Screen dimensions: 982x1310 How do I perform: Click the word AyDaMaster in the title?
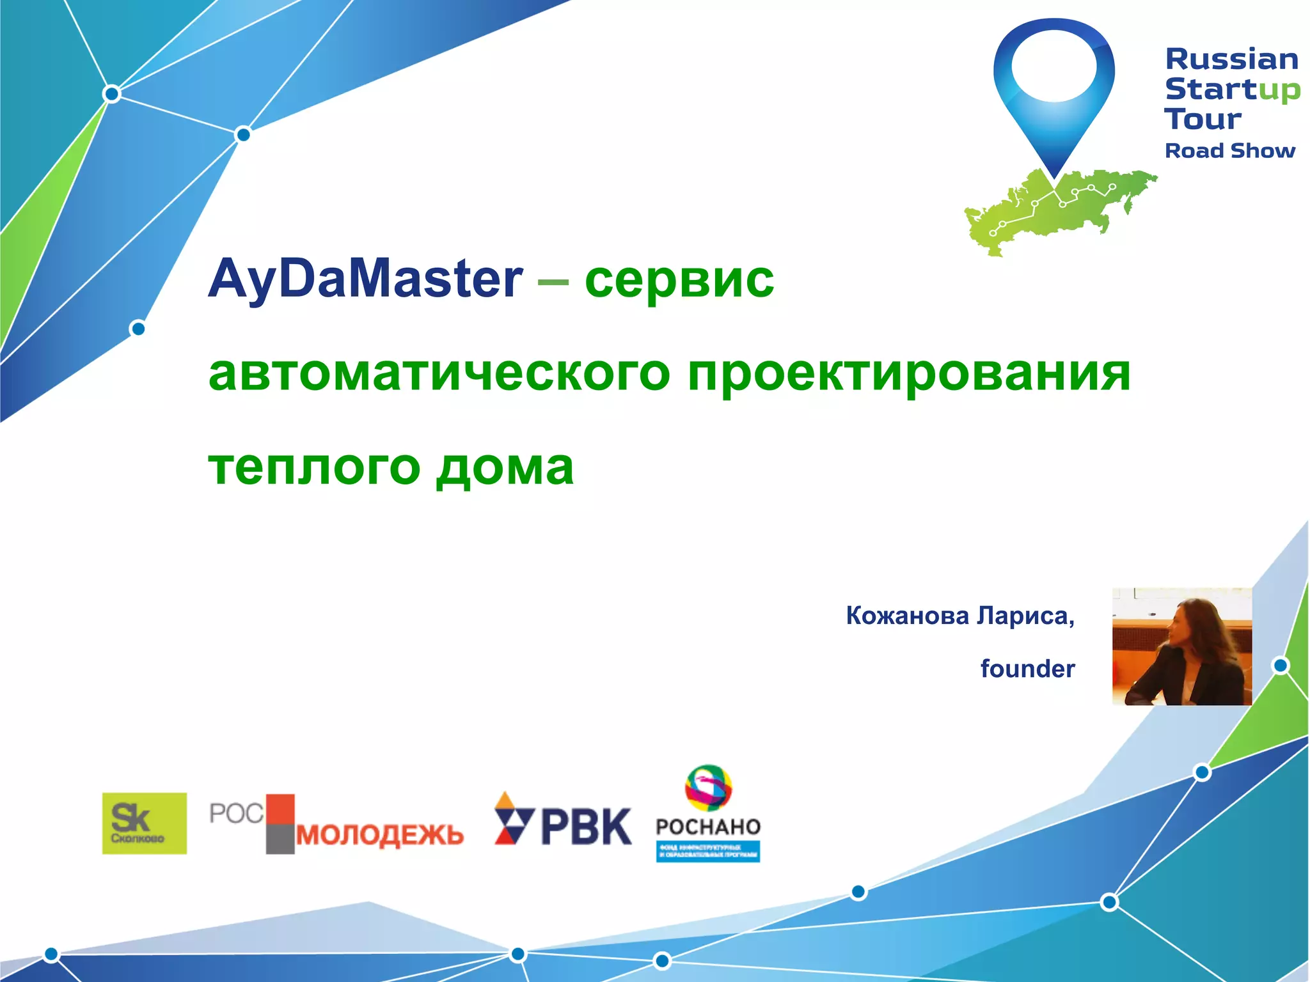click(x=365, y=279)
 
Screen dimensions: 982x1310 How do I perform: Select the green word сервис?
click(x=679, y=279)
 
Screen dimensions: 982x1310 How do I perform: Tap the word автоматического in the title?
click(x=439, y=373)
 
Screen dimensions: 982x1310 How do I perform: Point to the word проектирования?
click(x=909, y=373)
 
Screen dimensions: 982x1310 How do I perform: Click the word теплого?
click(x=313, y=467)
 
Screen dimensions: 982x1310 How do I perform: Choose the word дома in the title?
click(x=505, y=467)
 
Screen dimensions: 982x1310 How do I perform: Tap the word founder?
click(x=1027, y=669)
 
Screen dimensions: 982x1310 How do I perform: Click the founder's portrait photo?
click(x=1181, y=646)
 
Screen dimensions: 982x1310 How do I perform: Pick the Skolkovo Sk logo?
click(x=145, y=823)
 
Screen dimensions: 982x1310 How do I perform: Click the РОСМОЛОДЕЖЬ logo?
click(x=336, y=824)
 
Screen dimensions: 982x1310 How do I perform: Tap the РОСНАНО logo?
click(x=708, y=815)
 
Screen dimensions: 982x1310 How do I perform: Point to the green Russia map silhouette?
click(x=1062, y=211)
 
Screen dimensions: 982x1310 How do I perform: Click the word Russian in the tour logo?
click(x=1231, y=59)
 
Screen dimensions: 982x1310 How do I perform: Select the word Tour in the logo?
click(x=1202, y=119)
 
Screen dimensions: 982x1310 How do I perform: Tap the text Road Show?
click(x=1229, y=151)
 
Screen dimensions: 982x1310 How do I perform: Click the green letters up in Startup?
click(x=1279, y=90)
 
